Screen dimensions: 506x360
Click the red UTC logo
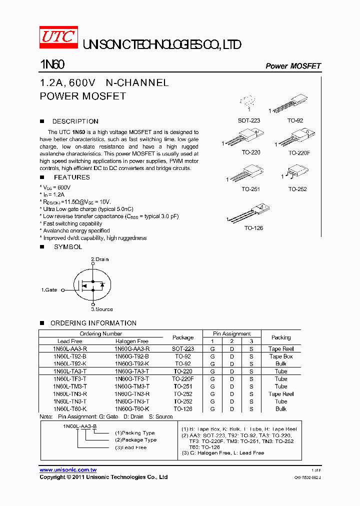58,38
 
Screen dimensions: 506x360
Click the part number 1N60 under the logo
51,65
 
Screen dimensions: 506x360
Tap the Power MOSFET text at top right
293,66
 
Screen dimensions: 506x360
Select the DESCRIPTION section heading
75,121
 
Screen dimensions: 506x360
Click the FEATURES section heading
71,177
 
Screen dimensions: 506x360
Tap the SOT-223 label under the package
249,120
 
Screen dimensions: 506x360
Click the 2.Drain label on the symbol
99,259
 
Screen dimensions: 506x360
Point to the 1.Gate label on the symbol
49,290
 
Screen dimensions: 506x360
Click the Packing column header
281,337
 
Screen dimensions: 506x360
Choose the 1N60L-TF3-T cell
70,379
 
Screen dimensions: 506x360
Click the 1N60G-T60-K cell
132,409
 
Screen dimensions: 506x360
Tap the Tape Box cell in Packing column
281,356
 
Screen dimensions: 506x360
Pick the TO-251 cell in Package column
183,386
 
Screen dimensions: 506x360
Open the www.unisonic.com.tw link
68,470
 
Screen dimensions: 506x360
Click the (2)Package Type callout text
135,440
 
